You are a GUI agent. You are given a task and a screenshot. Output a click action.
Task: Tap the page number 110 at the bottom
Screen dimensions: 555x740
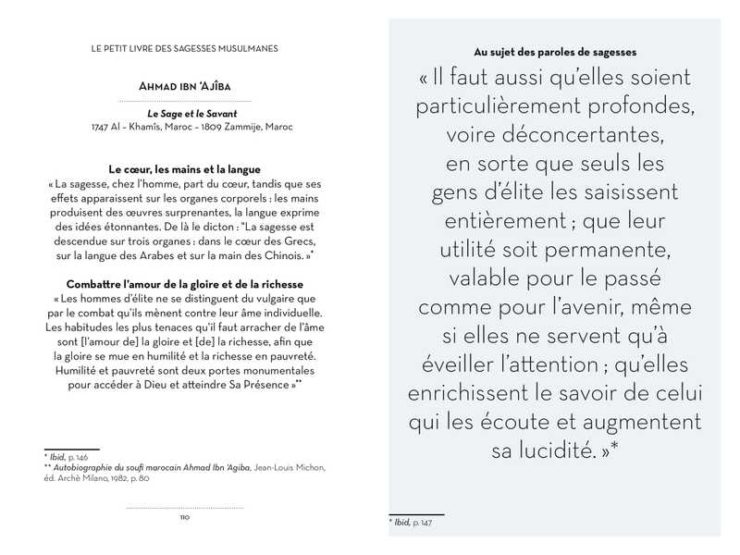(x=184, y=517)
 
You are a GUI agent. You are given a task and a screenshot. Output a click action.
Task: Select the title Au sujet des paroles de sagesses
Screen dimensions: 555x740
(x=555, y=51)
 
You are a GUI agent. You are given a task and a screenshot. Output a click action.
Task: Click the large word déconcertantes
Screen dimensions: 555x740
(x=555, y=136)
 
